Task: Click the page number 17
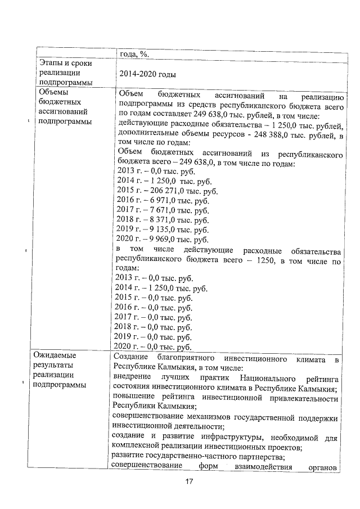click(189, 481)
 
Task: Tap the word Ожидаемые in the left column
click(55, 355)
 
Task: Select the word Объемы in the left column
click(51, 92)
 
